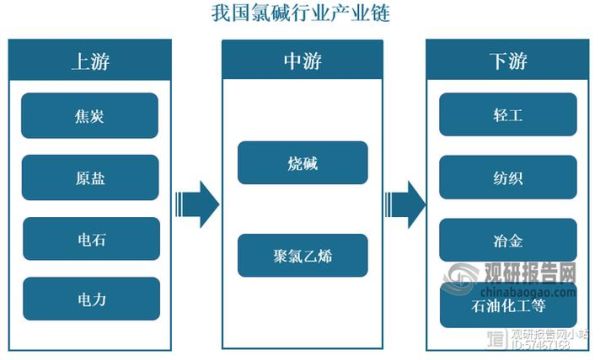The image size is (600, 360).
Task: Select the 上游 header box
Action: (x=89, y=60)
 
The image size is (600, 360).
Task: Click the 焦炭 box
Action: (x=89, y=115)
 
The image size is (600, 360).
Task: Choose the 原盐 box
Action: (x=89, y=177)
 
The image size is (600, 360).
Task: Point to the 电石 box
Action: (x=89, y=239)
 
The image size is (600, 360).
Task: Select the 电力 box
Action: (x=89, y=299)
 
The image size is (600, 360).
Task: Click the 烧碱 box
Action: (x=302, y=162)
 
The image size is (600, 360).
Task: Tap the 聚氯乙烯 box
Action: (x=302, y=255)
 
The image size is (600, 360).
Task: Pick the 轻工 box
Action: (x=508, y=115)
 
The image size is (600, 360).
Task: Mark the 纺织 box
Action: (x=508, y=177)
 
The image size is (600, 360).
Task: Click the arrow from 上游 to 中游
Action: (x=195, y=205)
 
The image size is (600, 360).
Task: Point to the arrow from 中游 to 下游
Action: (x=403, y=205)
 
